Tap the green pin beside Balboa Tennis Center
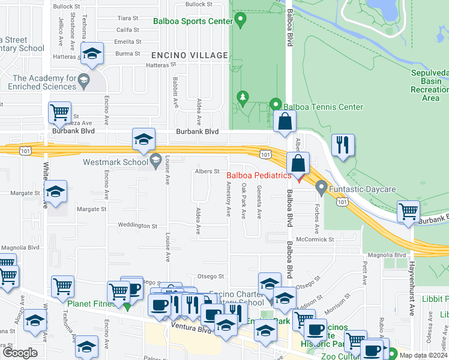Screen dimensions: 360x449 pyautogui.click(x=276, y=104)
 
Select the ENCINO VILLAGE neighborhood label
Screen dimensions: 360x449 pyautogui.click(x=190, y=55)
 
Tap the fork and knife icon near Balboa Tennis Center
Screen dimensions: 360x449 pyautogui.click(x=343, y=145)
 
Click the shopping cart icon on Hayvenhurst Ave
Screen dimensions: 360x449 pyautogui.click(x=409, y=211)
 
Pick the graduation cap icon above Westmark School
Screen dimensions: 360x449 pyautogui.click(x=143, y=140)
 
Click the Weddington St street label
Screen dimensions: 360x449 pyautogui.click(x=137, y=226)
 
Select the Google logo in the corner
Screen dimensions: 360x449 pyautogui.click(x=20, y=353)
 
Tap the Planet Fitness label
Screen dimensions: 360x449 pyautogui.click(x=91, y=304)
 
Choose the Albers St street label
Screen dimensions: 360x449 pyautogui.click(x=206, y=172)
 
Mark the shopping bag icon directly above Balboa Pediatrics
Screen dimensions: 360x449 pyautogui.click(x=298, y=163)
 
